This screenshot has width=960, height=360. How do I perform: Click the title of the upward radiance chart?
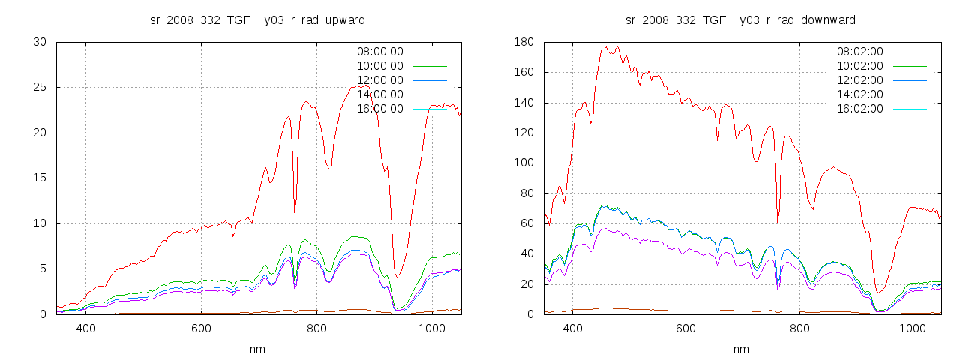[x=258, y=19]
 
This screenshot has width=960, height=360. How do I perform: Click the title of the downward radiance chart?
[x=740, y=19]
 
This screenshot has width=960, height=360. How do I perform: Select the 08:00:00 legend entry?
[x=379, y=52]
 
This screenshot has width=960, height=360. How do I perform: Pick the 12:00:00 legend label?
[x=379, y=80]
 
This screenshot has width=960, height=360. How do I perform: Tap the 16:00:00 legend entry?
[x=379, y=109]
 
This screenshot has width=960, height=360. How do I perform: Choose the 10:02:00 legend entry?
[x=859, y=66]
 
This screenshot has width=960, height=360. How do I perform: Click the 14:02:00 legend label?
[x=859, y=94]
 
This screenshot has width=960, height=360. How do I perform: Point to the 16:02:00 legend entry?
[x=859, y=109]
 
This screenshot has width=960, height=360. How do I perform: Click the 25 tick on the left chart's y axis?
[x=40, y=87]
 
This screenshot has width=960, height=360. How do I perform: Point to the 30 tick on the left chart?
[x=40, y=42]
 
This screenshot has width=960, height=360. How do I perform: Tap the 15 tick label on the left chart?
[x=40, y=178]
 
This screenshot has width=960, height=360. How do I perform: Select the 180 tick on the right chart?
[x=523, y=42]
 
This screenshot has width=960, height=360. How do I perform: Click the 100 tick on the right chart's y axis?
[x=523, y=163]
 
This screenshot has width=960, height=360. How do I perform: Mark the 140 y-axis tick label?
[x=523, y=102]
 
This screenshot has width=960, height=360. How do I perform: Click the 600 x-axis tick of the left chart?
[x=201, y=328]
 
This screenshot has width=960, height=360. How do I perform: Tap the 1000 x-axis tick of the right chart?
[x=913, y=328]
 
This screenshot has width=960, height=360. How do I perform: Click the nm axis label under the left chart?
[x=258, y=349]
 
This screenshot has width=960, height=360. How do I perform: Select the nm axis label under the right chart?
[x=741, y=349]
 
